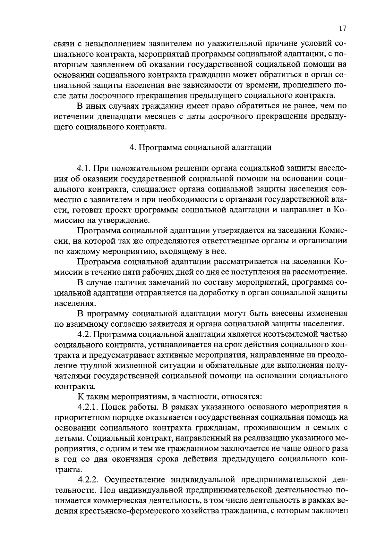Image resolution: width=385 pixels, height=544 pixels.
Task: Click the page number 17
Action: click(342, 29)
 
